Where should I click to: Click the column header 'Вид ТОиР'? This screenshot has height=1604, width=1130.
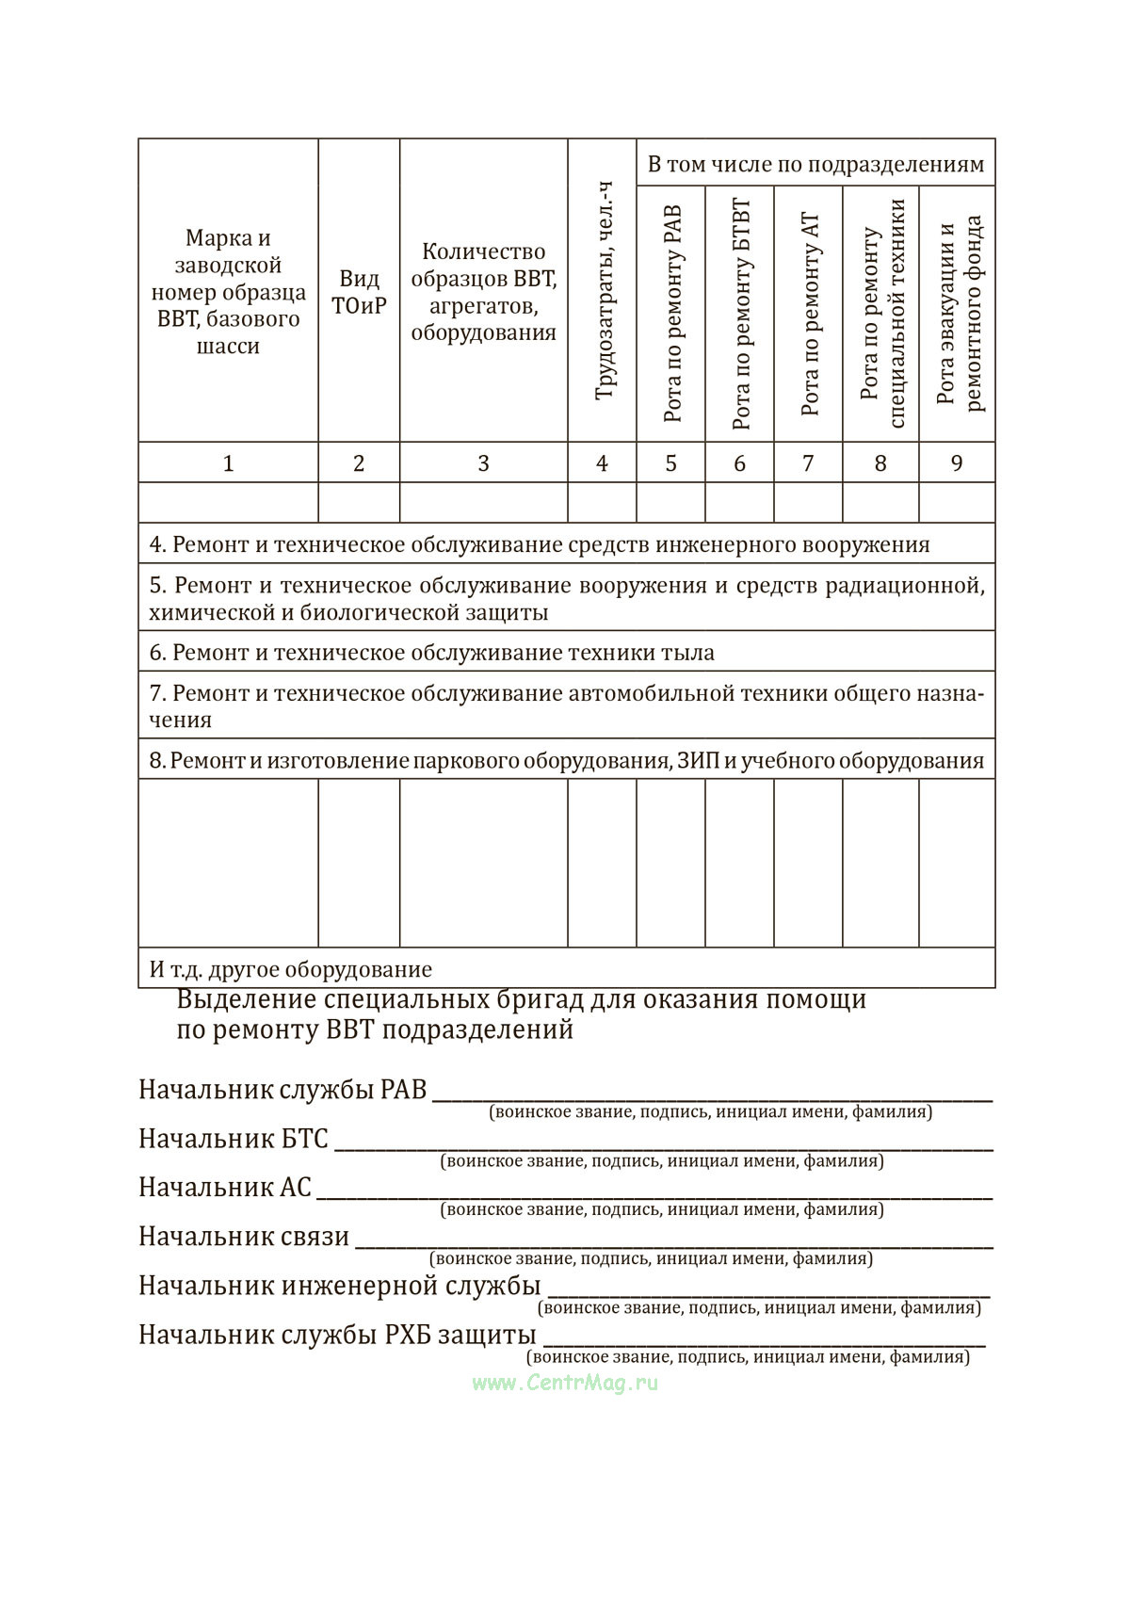click(359, 292)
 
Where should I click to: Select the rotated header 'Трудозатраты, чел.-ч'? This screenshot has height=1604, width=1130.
click(603, 291)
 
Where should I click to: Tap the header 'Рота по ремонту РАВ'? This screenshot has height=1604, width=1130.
click(671, 314)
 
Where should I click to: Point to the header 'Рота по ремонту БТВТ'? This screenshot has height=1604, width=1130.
click(740, 314)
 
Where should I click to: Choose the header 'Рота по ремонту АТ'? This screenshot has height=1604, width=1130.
click(809, 314)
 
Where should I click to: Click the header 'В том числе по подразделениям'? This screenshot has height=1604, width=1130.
click(815, 165)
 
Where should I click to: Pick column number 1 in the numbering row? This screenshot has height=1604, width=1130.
click(228, 463)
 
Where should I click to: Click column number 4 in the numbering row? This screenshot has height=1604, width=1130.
click(603, 463)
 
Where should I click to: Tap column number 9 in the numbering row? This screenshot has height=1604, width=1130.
click(957, 463)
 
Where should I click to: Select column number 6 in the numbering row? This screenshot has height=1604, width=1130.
click(740, 463)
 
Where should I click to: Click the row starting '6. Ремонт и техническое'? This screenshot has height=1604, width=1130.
click(432, 653)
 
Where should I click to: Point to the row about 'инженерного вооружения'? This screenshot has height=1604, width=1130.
click(540, 544)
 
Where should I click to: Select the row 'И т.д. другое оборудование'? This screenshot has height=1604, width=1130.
click(291, 969)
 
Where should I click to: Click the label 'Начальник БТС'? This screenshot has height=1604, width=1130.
click(234, 1139)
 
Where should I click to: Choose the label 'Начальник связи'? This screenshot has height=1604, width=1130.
click(244, 1237)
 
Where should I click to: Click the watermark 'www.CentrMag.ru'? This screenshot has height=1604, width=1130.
click(565, 1382)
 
